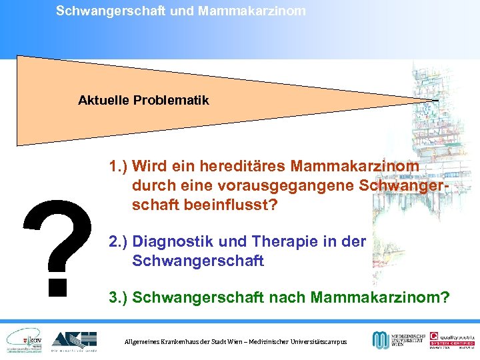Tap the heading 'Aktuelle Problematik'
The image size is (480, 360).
(x=143, y=100)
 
